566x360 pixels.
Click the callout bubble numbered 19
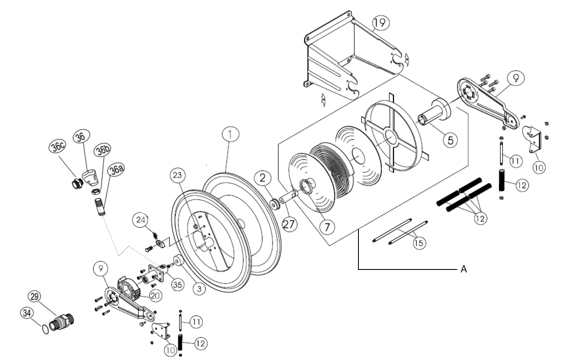click(x=380, y=23)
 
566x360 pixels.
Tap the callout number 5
click(x=450, y=140)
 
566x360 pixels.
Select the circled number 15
click(x=419, y=243)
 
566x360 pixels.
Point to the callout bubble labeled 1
click(x=230, y=134)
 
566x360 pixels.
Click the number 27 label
click(x=290, y=224)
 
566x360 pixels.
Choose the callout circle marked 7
click(x=327, y=227)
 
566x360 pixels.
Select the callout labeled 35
click(x=177, y=286)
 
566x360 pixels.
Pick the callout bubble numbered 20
click(x=155, y=296)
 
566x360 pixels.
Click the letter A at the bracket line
click(x=463, y=270)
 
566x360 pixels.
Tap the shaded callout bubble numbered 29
click(x=35, y=297)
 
